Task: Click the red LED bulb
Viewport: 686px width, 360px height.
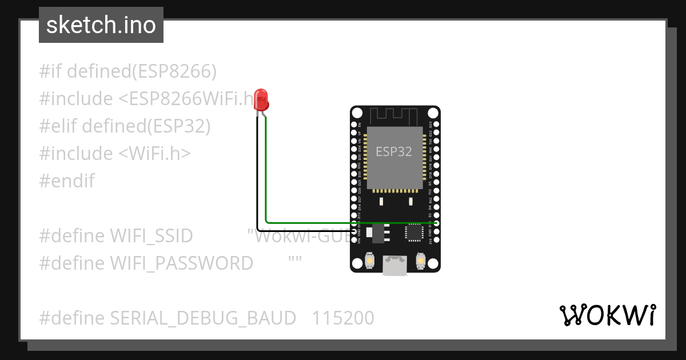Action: (x=261, y=99)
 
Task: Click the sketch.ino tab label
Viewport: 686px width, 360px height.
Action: (x=101, y=25)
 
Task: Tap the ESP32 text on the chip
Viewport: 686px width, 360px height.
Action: (x=393, y=151)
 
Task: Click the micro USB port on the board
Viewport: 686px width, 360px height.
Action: (x=395, y=266)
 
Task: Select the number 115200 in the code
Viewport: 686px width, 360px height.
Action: (x=343, y=318)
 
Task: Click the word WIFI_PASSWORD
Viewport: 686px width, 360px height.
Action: (x=181, y=263)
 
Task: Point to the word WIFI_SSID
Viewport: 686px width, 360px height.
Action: (x=151, y=235)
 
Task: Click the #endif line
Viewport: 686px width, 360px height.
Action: (x=67, y=181)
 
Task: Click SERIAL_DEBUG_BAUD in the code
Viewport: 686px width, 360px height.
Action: (x=203, y=318)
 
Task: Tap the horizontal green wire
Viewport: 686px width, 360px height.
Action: (x=343, y=222)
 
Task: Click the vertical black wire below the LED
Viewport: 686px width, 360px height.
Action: (x=257, y=171)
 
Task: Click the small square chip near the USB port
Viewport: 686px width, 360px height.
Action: (x=413, y=232)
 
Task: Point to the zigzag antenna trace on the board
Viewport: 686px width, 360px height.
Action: (x=394, y=114)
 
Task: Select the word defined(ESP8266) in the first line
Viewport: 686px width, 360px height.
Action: (x=142, y=71)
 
